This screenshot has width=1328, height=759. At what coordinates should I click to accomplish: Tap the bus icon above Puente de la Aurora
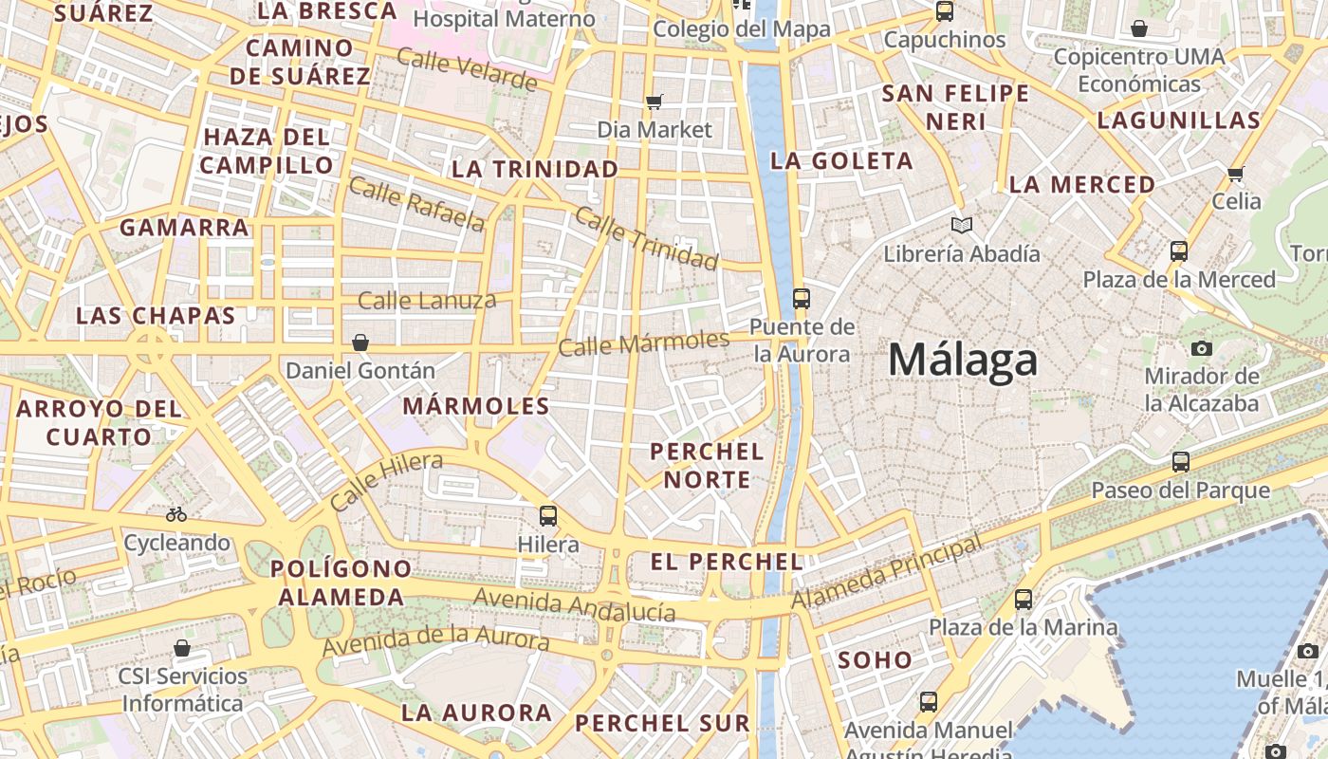point(802,299)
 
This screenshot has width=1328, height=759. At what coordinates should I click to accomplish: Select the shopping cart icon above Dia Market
point(654,102)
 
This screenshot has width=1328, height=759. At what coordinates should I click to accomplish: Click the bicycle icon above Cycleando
point(176,515)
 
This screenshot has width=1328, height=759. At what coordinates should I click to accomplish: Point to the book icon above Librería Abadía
point(962,226)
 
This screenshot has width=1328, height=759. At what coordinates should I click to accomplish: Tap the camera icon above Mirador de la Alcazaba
point(1202,348)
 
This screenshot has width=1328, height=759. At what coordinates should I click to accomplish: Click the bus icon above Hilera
point(548,516)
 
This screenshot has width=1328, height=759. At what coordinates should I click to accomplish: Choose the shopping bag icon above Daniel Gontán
point(360,342)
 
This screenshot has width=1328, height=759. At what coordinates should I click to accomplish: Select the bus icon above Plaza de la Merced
point(1179,251)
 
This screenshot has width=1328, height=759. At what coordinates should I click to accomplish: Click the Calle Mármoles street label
point(644,342)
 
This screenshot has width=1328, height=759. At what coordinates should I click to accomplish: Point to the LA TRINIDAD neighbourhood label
point(536,170)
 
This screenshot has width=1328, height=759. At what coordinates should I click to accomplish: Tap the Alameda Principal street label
point(886,573)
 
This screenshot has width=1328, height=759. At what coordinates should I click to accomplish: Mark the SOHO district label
point(875,660)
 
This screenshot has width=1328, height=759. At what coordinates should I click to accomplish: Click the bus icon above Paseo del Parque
point(1181,462)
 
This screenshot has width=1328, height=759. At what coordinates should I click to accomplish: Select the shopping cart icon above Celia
point(1235,174)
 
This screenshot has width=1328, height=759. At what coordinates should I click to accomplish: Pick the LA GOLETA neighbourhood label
point(841,161)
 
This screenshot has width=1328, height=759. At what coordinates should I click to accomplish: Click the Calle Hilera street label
point(386,482)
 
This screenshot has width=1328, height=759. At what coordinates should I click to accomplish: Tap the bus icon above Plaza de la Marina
point(1023,600)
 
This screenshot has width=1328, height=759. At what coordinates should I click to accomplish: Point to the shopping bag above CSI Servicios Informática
point(182,648)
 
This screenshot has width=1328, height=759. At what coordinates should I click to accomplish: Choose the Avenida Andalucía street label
point(575,604)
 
